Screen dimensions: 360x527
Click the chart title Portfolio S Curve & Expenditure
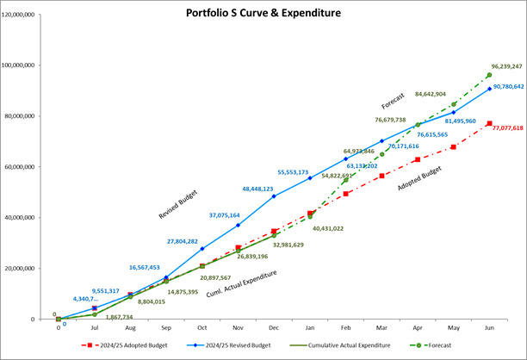pyautogui.click(x=264, y=13)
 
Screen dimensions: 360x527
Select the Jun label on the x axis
pyautogui.click(x=489, y=329)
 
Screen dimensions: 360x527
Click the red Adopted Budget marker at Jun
pyautogui.click(x=489, y=124)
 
